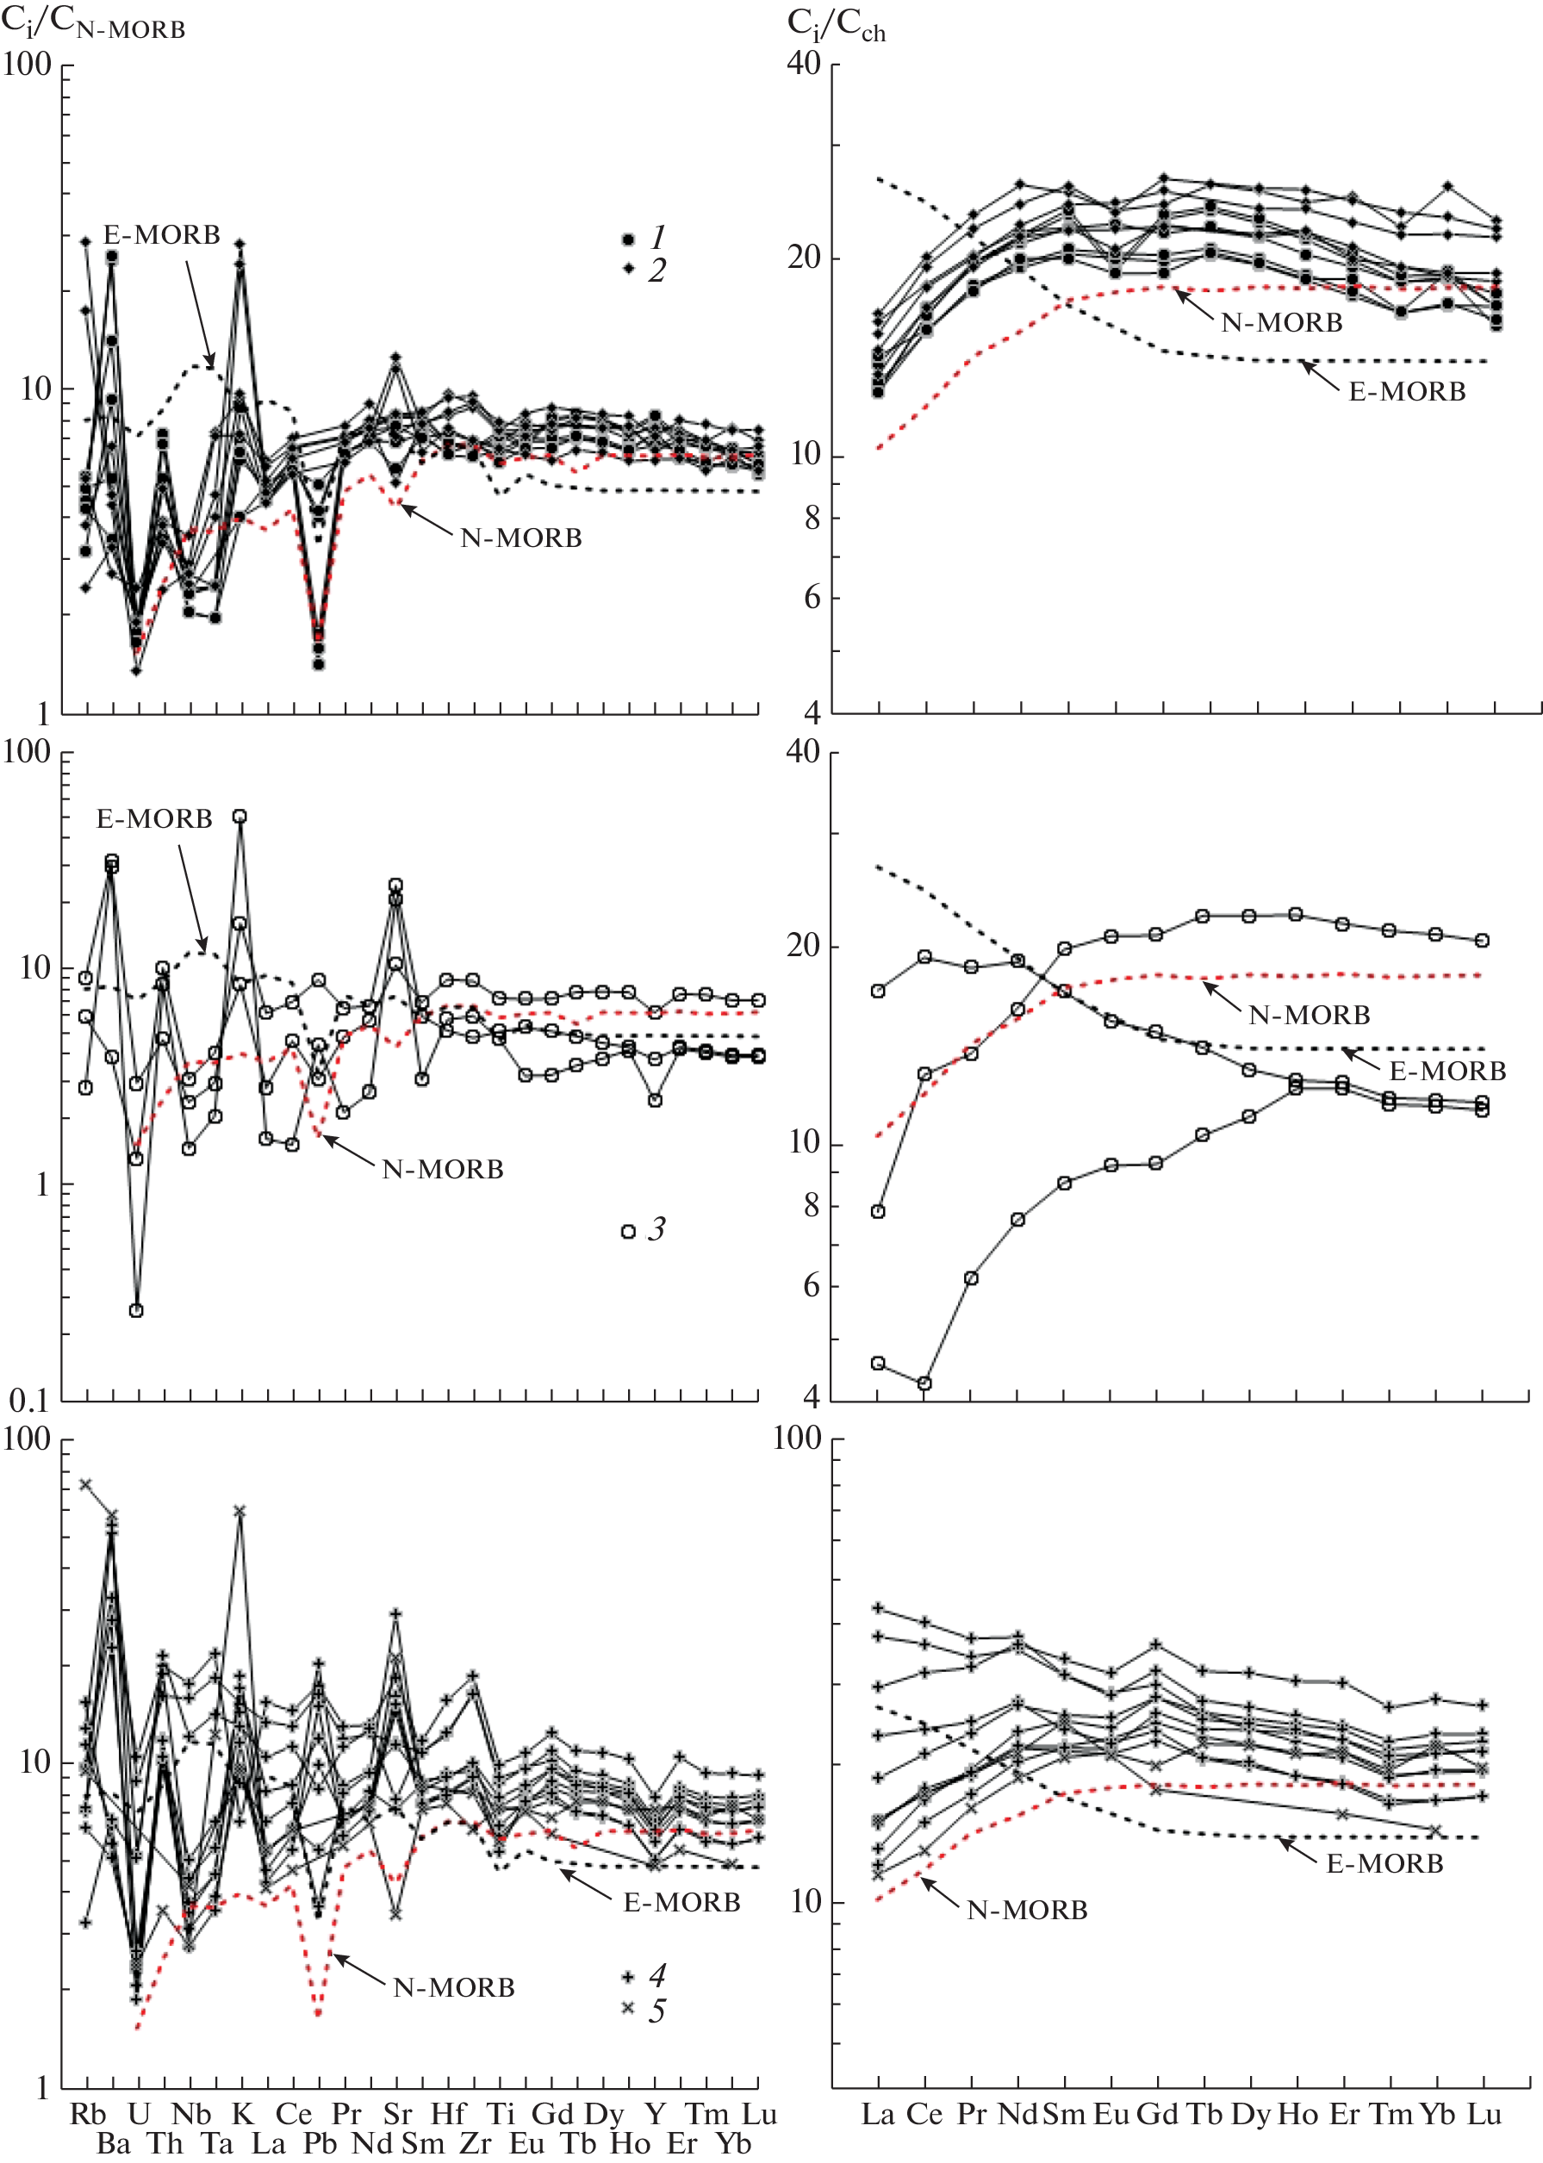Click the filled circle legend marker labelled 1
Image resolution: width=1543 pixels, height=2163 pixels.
(x=628, y=239)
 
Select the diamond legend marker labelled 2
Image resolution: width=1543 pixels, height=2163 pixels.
(x=628, y=269)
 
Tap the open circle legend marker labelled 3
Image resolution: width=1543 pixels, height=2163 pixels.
(x=628, y=1232)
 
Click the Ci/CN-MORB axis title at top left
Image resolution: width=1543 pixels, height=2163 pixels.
(x=93, y=22)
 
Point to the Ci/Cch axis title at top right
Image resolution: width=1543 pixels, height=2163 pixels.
(x=836, y=25)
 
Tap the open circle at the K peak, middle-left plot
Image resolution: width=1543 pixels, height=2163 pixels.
(x=240, y=817)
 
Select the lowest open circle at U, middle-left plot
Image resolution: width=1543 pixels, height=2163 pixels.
(x=137, y=1311)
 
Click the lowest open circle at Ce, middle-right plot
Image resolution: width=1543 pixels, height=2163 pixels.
(x=924, y=1383)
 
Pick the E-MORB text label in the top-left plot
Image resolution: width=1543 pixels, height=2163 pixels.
(x=161, y=234)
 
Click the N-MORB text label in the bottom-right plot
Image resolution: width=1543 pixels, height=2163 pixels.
(x=1027, y=1910)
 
